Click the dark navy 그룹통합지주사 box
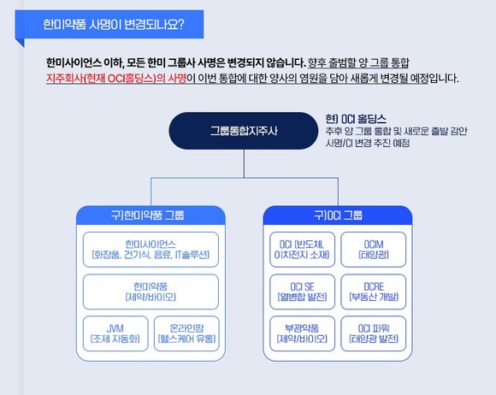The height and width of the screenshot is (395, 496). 243,131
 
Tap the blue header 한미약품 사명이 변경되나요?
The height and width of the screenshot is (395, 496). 109,24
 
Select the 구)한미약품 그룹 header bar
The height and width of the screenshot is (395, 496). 151,215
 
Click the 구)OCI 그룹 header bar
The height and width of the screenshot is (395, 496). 338,215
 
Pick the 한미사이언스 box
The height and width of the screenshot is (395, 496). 151,250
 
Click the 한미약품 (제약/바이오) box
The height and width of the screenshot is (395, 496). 151,292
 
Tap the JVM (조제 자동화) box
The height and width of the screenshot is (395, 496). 115,333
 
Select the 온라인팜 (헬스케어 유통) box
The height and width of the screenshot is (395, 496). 186,333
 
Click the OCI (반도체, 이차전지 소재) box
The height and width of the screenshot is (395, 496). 302,250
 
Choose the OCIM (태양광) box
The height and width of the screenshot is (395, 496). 373,250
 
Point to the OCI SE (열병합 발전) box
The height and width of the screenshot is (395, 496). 302,292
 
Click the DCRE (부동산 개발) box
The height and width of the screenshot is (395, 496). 373,292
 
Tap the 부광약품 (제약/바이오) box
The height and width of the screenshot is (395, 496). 302,333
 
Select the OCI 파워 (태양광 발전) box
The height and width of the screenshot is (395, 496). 373,333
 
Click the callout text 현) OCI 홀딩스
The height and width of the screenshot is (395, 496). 356,119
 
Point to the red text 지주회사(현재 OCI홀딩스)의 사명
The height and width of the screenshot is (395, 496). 116,78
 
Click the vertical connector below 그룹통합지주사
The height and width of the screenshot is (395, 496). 244,163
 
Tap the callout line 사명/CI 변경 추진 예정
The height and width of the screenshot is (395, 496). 368,143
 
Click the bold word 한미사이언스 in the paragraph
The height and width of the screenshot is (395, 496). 74,62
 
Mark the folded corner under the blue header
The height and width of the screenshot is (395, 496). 21,42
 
